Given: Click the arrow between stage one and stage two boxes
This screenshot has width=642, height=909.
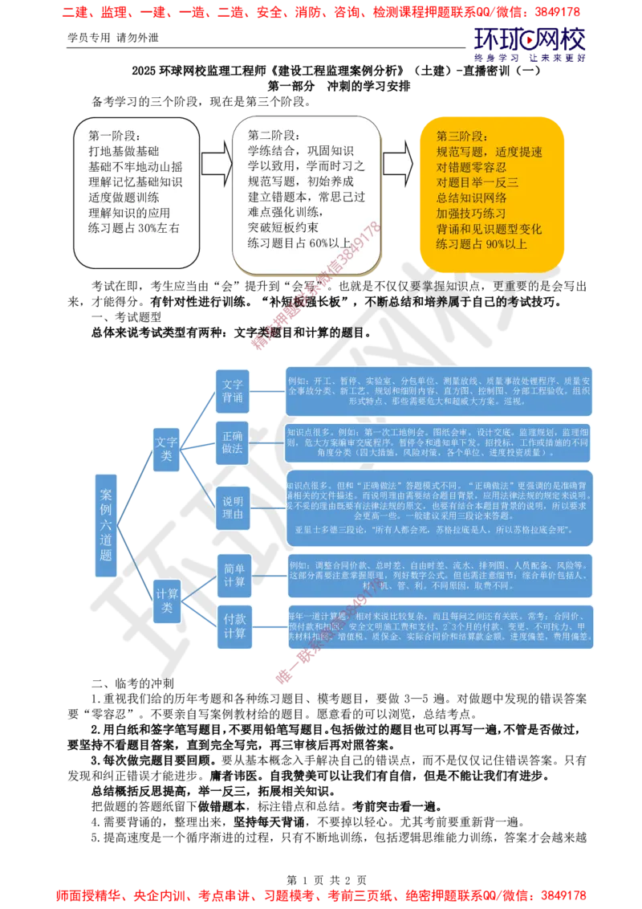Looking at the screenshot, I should point(215,164).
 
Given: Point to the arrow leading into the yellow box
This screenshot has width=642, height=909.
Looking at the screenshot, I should point(398,164).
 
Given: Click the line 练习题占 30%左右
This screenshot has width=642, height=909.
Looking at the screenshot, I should point(134,228).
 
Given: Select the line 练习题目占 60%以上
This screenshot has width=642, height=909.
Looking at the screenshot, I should point(299,243).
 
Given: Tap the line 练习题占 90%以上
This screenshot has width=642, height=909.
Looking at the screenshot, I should point(481,243).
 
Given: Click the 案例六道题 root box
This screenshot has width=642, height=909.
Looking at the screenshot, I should point(106,525).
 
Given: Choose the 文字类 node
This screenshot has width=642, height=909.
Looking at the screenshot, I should point(166,450).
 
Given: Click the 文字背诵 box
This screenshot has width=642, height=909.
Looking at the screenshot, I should point(233,391).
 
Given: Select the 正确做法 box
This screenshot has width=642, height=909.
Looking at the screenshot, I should point(233,442).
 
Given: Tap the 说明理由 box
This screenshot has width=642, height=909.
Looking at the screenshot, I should point(233,508).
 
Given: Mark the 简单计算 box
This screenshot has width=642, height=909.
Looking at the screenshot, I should point(234,575).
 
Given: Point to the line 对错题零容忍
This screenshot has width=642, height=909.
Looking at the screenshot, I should point(471,167).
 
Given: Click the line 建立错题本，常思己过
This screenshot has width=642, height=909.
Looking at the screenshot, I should point(307,197).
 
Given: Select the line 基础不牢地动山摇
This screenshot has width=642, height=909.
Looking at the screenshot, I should point(136,167).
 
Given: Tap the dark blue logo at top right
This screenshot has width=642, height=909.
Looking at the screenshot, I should point(530,43).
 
